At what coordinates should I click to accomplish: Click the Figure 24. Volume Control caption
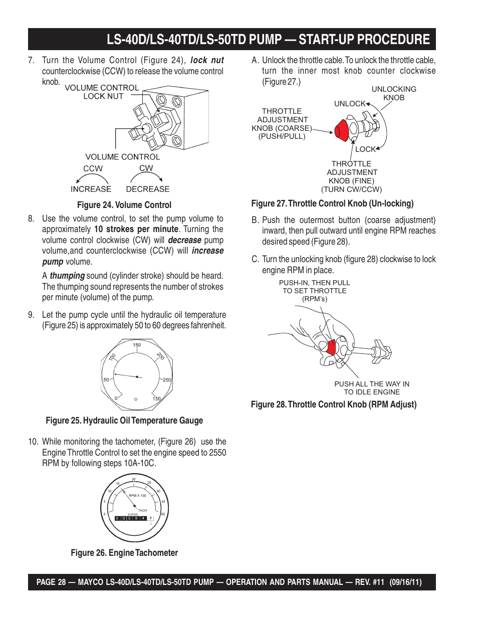pos(124,205)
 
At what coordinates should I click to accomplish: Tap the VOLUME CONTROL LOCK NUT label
pos(102,92)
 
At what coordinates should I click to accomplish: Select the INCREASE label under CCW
pos(91,189)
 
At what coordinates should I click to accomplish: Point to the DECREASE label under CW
pos(148,189)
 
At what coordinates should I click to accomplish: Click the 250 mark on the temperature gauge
pos(167,380)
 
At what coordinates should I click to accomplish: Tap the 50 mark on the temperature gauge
pos(106,380)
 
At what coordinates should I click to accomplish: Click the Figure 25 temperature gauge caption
pos(124,421)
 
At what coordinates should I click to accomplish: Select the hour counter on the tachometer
pos(131,518)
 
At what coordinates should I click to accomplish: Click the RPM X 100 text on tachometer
pos(137,495)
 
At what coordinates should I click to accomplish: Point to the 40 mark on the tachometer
pos(163,514)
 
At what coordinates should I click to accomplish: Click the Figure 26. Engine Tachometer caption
pos(124,553)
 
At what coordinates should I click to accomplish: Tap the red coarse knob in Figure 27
pos(342,131)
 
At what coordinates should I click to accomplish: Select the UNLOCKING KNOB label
pos(394,93)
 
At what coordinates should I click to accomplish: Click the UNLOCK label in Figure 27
pos(350,104)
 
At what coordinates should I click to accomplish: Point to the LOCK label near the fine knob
pos(365,149)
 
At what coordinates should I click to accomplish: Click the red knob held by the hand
pos(331,346)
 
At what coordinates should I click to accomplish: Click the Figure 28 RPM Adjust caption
pos(334,404)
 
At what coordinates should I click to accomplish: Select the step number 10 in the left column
pos(33,442)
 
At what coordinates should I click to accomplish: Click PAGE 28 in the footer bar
pos(51,582)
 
